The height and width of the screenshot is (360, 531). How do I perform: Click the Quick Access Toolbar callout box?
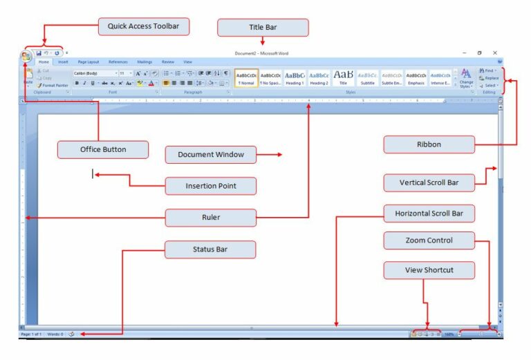coord(143,27)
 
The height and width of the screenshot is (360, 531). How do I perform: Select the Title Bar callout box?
coord(262,28)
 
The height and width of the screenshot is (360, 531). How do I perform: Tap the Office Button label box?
coord(102,149)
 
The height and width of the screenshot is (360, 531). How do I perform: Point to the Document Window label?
coord(210,155)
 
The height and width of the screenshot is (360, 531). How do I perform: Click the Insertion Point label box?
coord(210,186)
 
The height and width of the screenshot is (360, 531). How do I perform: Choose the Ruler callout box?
coord(210,218)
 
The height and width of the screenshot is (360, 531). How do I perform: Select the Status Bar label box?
coord(210,249)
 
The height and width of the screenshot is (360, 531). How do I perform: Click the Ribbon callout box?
coord(429,144)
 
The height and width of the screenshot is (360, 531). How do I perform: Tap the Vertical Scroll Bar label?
coord(429,183)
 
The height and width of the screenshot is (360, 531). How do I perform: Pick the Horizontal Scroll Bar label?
coord(429,214)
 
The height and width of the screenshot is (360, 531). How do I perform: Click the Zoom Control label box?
coord(429,240)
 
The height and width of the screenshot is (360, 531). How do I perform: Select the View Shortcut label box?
coord(429,270)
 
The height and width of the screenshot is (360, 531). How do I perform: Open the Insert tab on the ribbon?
coord(63,62)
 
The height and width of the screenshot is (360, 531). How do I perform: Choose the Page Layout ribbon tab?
coord(88,62)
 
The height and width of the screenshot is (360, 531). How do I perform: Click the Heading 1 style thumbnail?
coord(295,77)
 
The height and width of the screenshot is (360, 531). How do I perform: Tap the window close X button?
coord(495,53)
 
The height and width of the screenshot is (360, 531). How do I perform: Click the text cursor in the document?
coord(93,174)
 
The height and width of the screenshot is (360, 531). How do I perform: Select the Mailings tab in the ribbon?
coord(145,62)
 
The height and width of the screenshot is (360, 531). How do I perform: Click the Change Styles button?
coord(466,77)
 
